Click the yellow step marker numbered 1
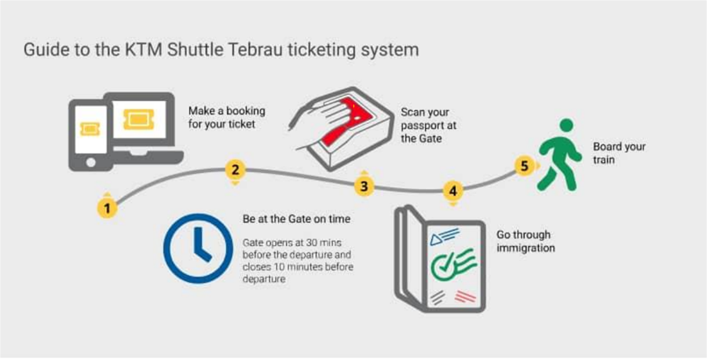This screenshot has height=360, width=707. point(107,208)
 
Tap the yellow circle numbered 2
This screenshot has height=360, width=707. point(235,170)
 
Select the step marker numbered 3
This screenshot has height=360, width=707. point(364,186)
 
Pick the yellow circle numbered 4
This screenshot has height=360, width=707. point(453,191)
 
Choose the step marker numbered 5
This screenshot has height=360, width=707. point(524,166)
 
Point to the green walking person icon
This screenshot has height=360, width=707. point(558,155)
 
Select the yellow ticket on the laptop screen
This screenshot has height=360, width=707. point(139,119)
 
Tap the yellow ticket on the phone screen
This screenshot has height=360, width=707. point(90,129)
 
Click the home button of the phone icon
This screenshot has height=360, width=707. point(90,163)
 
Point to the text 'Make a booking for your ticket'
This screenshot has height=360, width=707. point(226,117)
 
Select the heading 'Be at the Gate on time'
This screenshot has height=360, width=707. point(296,220)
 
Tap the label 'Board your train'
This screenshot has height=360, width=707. point(619,153)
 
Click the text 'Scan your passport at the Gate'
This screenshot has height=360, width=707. point(428,125)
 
